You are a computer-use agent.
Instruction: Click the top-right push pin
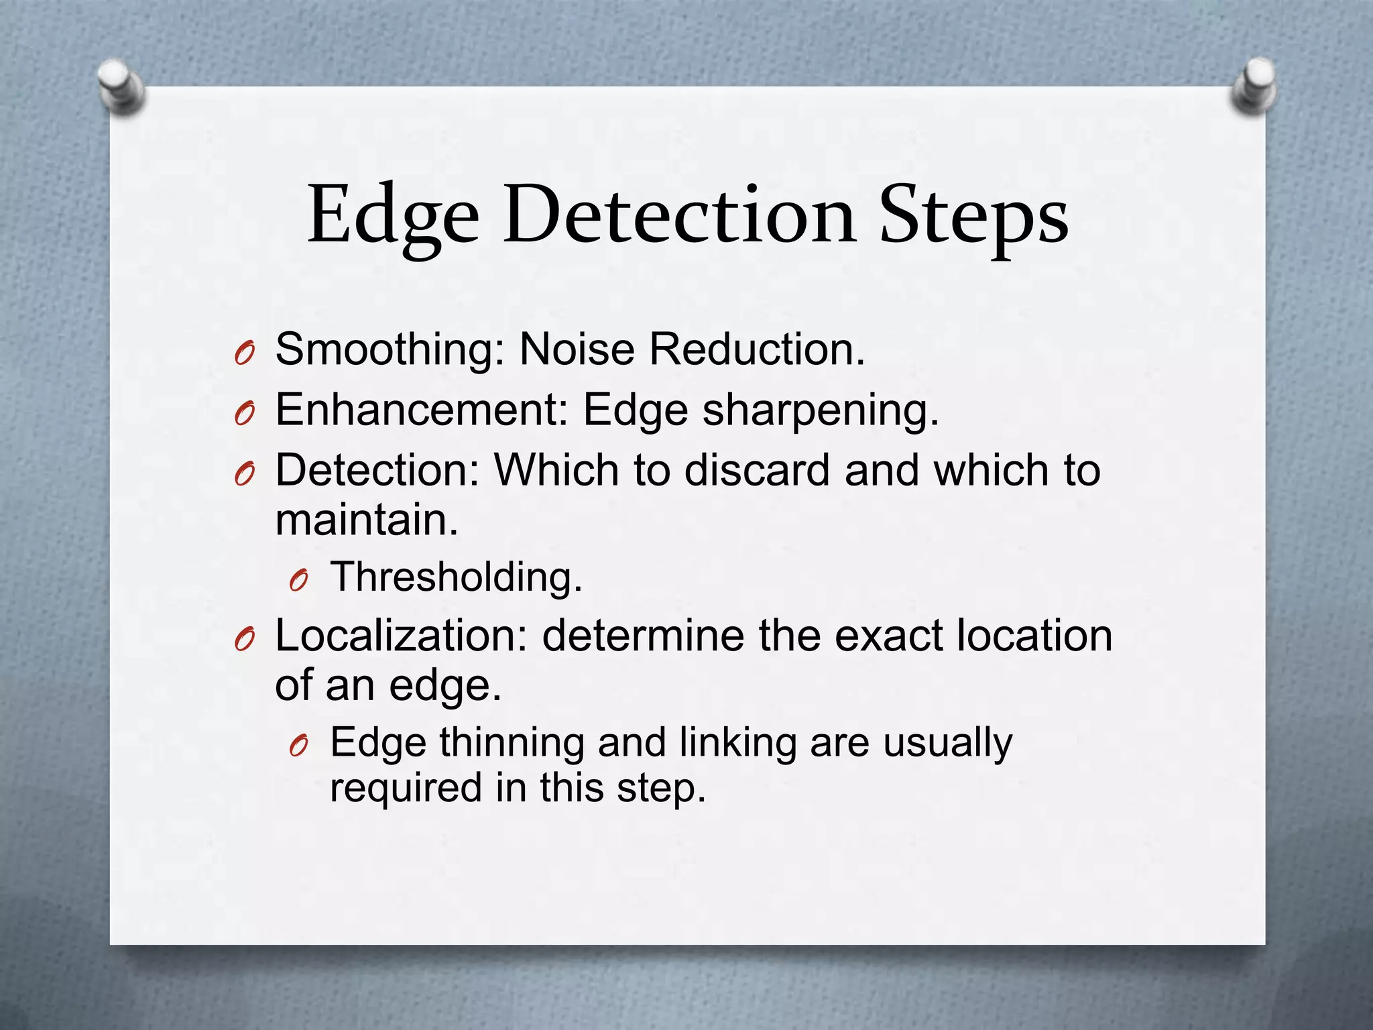pos(1253,85)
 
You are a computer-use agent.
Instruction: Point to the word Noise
pos(577,350)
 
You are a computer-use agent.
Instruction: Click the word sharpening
pos(821,411)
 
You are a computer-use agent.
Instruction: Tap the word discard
pos(757,470)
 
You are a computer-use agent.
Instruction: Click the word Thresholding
pos(457,577)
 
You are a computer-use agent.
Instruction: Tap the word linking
pos(737,743)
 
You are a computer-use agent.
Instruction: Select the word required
pos(406,787)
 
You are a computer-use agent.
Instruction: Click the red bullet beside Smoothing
pos(245,353)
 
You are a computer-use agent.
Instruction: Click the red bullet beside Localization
pos(245,640)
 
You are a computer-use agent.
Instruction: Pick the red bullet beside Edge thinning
pos(298,746)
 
